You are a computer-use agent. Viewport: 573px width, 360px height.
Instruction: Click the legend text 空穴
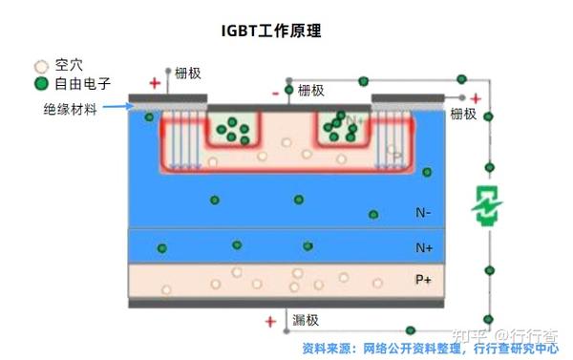click(x=70, y=66)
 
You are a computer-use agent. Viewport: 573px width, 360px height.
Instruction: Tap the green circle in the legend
click(x=40, y=83)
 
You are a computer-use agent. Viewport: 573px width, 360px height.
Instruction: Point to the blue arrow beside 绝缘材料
click(x=116, y=107)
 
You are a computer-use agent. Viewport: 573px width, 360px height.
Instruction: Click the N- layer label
click(x=423, y=212)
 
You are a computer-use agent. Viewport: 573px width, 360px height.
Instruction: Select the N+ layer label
click(x=424, y=247)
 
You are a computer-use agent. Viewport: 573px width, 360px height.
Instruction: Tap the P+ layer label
click(x=423, y=279)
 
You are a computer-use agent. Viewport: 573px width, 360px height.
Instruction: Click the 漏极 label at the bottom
click(x=307, y=320)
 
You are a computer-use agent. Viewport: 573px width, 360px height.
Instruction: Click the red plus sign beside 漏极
click(x=270, y=322)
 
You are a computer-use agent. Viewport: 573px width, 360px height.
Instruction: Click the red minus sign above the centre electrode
click(x=276, y=93)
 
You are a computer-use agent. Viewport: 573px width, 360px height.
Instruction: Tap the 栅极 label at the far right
click(x=463, y=114)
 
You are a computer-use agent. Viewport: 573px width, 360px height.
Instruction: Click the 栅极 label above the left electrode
click(x=188, y=73)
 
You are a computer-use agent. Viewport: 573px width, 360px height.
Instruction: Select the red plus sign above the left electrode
click(x=155, y=82)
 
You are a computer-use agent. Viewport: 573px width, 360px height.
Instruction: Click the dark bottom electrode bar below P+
click(x=286, y=303)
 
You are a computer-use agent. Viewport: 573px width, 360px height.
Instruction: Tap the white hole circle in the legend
click(x=40, y=67)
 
